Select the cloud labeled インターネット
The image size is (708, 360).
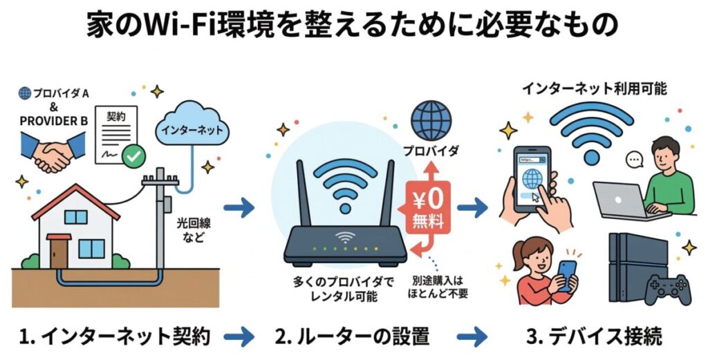192,129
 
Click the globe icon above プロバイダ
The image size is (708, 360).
431,122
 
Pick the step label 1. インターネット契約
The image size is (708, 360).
115,337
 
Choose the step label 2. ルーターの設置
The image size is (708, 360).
352,337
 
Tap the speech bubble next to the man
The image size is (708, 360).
634,161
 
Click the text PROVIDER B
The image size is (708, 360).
53,121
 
